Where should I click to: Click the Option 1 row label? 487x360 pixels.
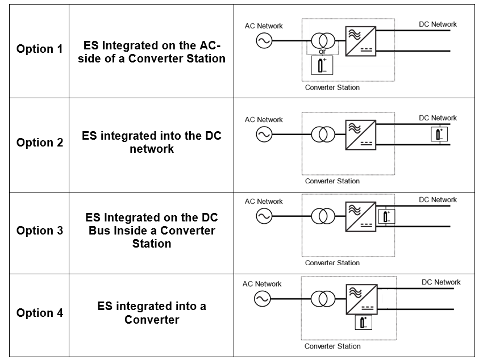(x=39, y=49)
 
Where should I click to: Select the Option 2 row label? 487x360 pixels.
(x=39, y=143)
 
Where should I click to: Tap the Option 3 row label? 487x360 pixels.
(x=39, y=231)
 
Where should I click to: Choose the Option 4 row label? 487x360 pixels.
(x=39, y=313)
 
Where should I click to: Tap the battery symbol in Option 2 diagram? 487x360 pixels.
(x=439, y=134)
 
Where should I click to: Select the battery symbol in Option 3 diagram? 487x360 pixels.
(x=386, y=216)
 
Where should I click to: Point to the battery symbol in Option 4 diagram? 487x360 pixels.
(x=363, y=322)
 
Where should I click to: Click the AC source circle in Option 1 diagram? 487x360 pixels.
(x=264, y=40)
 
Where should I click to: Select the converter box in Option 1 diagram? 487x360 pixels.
(x=361, y=40)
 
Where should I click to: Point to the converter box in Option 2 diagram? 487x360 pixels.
(x=361, y=135)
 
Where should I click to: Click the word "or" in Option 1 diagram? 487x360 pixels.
(x=322, y=52)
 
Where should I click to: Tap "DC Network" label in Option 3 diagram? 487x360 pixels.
(x=438, y=200)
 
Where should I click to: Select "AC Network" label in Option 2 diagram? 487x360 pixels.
(x=264, y=120)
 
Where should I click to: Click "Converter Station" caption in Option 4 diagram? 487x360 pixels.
(x=332, y=346)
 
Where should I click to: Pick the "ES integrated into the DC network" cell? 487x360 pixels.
(x=151, y=143)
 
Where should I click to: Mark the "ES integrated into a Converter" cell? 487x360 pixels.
(x=151, y=313)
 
